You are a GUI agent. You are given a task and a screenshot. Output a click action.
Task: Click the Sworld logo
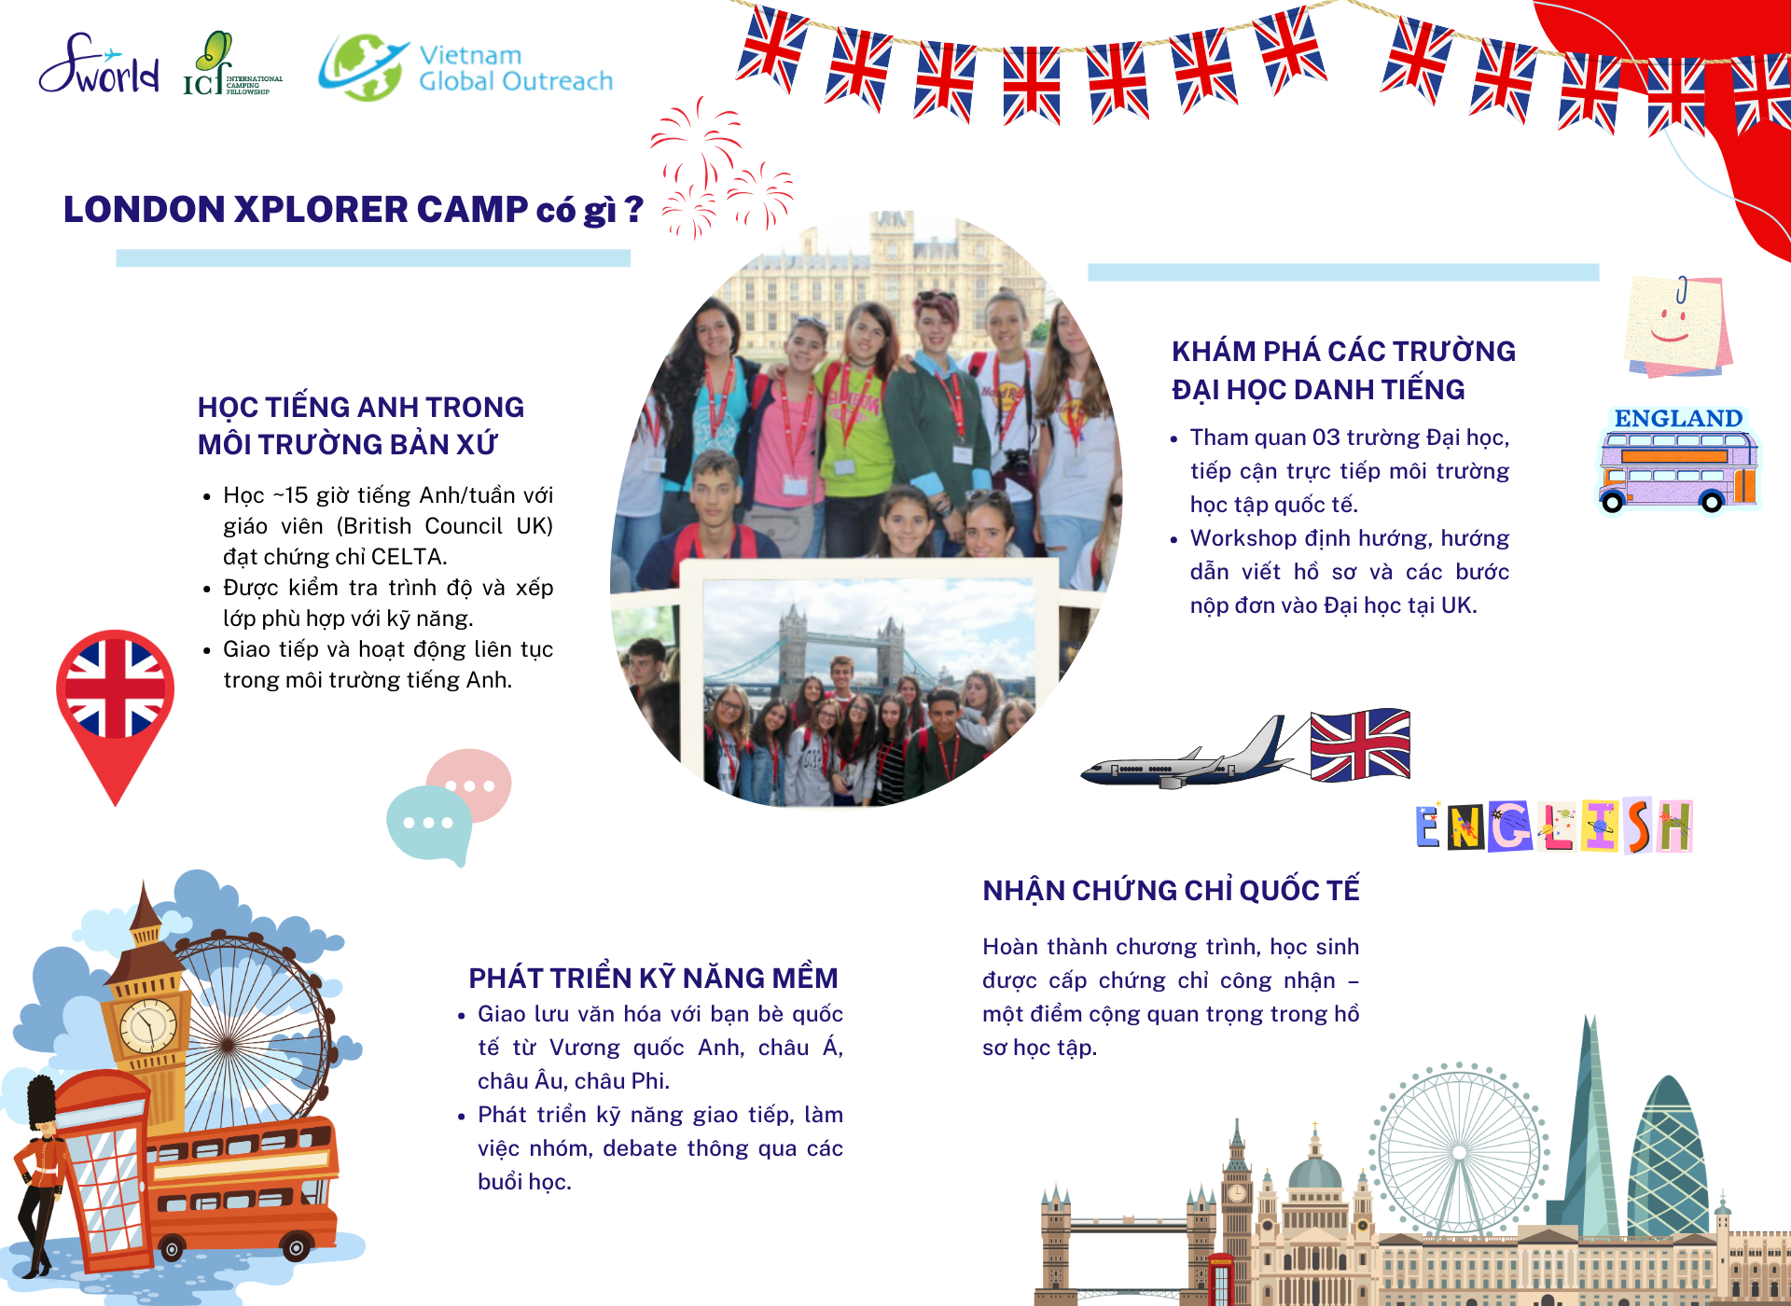click(x=98, y=65)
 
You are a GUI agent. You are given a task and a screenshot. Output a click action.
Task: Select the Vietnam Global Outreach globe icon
click(x=362, y=67)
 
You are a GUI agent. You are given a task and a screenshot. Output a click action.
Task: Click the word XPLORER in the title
click(x=321, y=210)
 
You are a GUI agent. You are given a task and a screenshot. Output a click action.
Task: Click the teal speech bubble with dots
click(x=428, y=823)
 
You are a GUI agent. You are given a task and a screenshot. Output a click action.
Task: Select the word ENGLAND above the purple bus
click(x=1677, y=418)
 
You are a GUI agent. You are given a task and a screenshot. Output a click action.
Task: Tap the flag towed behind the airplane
click(x=1359, y=744)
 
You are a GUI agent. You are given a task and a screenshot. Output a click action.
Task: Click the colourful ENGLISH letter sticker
click(x=1553, y=827)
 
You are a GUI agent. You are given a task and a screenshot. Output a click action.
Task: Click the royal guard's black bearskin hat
click(x=40, y=1101)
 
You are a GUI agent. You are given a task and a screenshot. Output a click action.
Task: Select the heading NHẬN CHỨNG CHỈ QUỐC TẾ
click(x=1171, y=891)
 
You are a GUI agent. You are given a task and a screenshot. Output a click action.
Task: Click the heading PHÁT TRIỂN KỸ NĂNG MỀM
click(x=653, y=978)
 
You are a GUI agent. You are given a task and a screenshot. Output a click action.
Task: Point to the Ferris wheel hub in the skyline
click(x=1458, y=1153)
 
